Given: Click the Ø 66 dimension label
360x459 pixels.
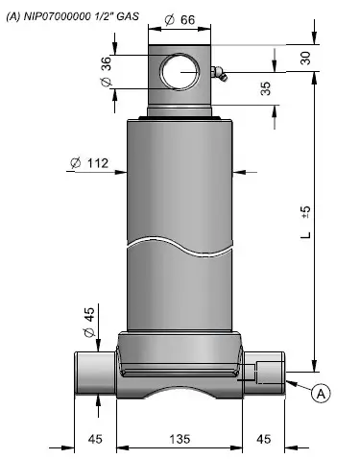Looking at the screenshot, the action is [x=180, y=20].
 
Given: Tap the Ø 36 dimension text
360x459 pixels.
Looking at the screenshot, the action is [x=107, y=71].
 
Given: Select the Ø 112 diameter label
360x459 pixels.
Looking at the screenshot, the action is [x=89, y=163].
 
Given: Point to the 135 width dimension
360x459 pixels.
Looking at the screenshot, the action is [x=180, y=439].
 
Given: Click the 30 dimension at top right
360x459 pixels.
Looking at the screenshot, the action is [x=306, y=58].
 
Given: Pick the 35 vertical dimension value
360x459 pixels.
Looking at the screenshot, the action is [x=266, y=88].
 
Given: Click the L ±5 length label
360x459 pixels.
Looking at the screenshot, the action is [x=306, y=222].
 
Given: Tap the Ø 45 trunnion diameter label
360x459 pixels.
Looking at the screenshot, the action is [x=89, y=322].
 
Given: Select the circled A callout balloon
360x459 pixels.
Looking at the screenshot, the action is [x=321, y=393].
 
